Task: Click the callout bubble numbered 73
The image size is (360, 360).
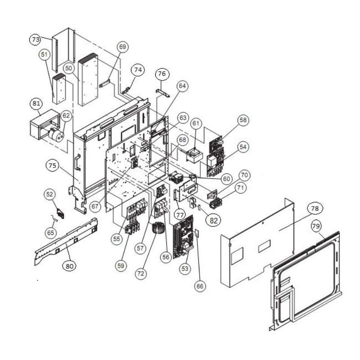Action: click(36, 40)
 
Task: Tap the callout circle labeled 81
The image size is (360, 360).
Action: click(36, 103)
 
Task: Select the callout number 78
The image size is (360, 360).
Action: click(315, 208)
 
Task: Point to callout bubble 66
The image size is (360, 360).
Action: click(200, 286)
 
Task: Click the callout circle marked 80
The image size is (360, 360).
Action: click(69, 266)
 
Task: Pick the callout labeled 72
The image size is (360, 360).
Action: click(141, 274)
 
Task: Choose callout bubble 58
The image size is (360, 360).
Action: click(243, 120)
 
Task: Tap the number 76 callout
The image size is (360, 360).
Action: click(162, 73)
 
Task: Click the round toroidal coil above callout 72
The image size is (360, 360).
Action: click(157, 229)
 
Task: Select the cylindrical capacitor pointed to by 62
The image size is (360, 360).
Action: click(56, 135)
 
